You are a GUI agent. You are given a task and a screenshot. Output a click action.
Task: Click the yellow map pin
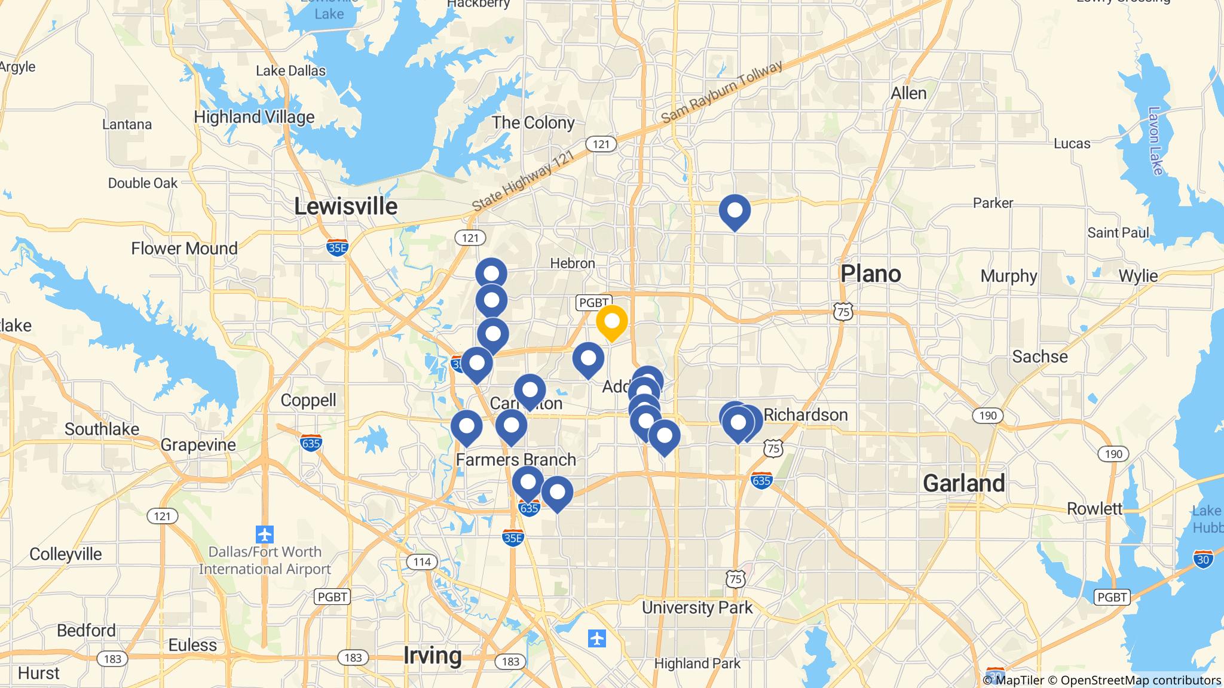tap(611, 321)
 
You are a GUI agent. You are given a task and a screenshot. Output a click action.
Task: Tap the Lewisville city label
tap(345, 207)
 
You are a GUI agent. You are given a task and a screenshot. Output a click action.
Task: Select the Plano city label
tap(870, 274)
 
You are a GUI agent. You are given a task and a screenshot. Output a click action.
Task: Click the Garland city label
tap(963, 483)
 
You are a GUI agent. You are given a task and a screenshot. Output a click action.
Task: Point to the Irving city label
tap(432, 655)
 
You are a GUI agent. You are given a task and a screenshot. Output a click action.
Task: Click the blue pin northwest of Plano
tap(735, 211)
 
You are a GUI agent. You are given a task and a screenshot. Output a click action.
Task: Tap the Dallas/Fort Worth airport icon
tap(264, 533)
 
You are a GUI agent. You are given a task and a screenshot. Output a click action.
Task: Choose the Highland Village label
tap(254, 117)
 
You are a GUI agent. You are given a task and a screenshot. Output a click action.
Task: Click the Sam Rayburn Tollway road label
tap(721, 93)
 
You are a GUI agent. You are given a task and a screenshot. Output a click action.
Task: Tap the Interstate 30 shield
tap(1203, 559)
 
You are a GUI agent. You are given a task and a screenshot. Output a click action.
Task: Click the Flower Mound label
tap(184, 248)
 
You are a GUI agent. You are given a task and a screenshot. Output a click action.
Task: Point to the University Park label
tap(697, 608)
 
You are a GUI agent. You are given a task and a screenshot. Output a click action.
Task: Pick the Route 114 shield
tap(422, 561)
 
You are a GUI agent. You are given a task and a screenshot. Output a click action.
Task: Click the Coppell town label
tap(308, 400)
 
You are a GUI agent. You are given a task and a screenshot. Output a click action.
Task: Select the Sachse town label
tap(1040, 357)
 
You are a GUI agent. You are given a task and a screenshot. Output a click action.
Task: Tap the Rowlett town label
tap(1095, 508)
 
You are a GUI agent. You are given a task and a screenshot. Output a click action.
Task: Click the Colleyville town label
tap(66, 554)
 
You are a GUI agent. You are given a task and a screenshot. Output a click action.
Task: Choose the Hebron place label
tap(572, 263)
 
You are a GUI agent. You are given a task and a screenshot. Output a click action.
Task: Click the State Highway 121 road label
tap(522, 180)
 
